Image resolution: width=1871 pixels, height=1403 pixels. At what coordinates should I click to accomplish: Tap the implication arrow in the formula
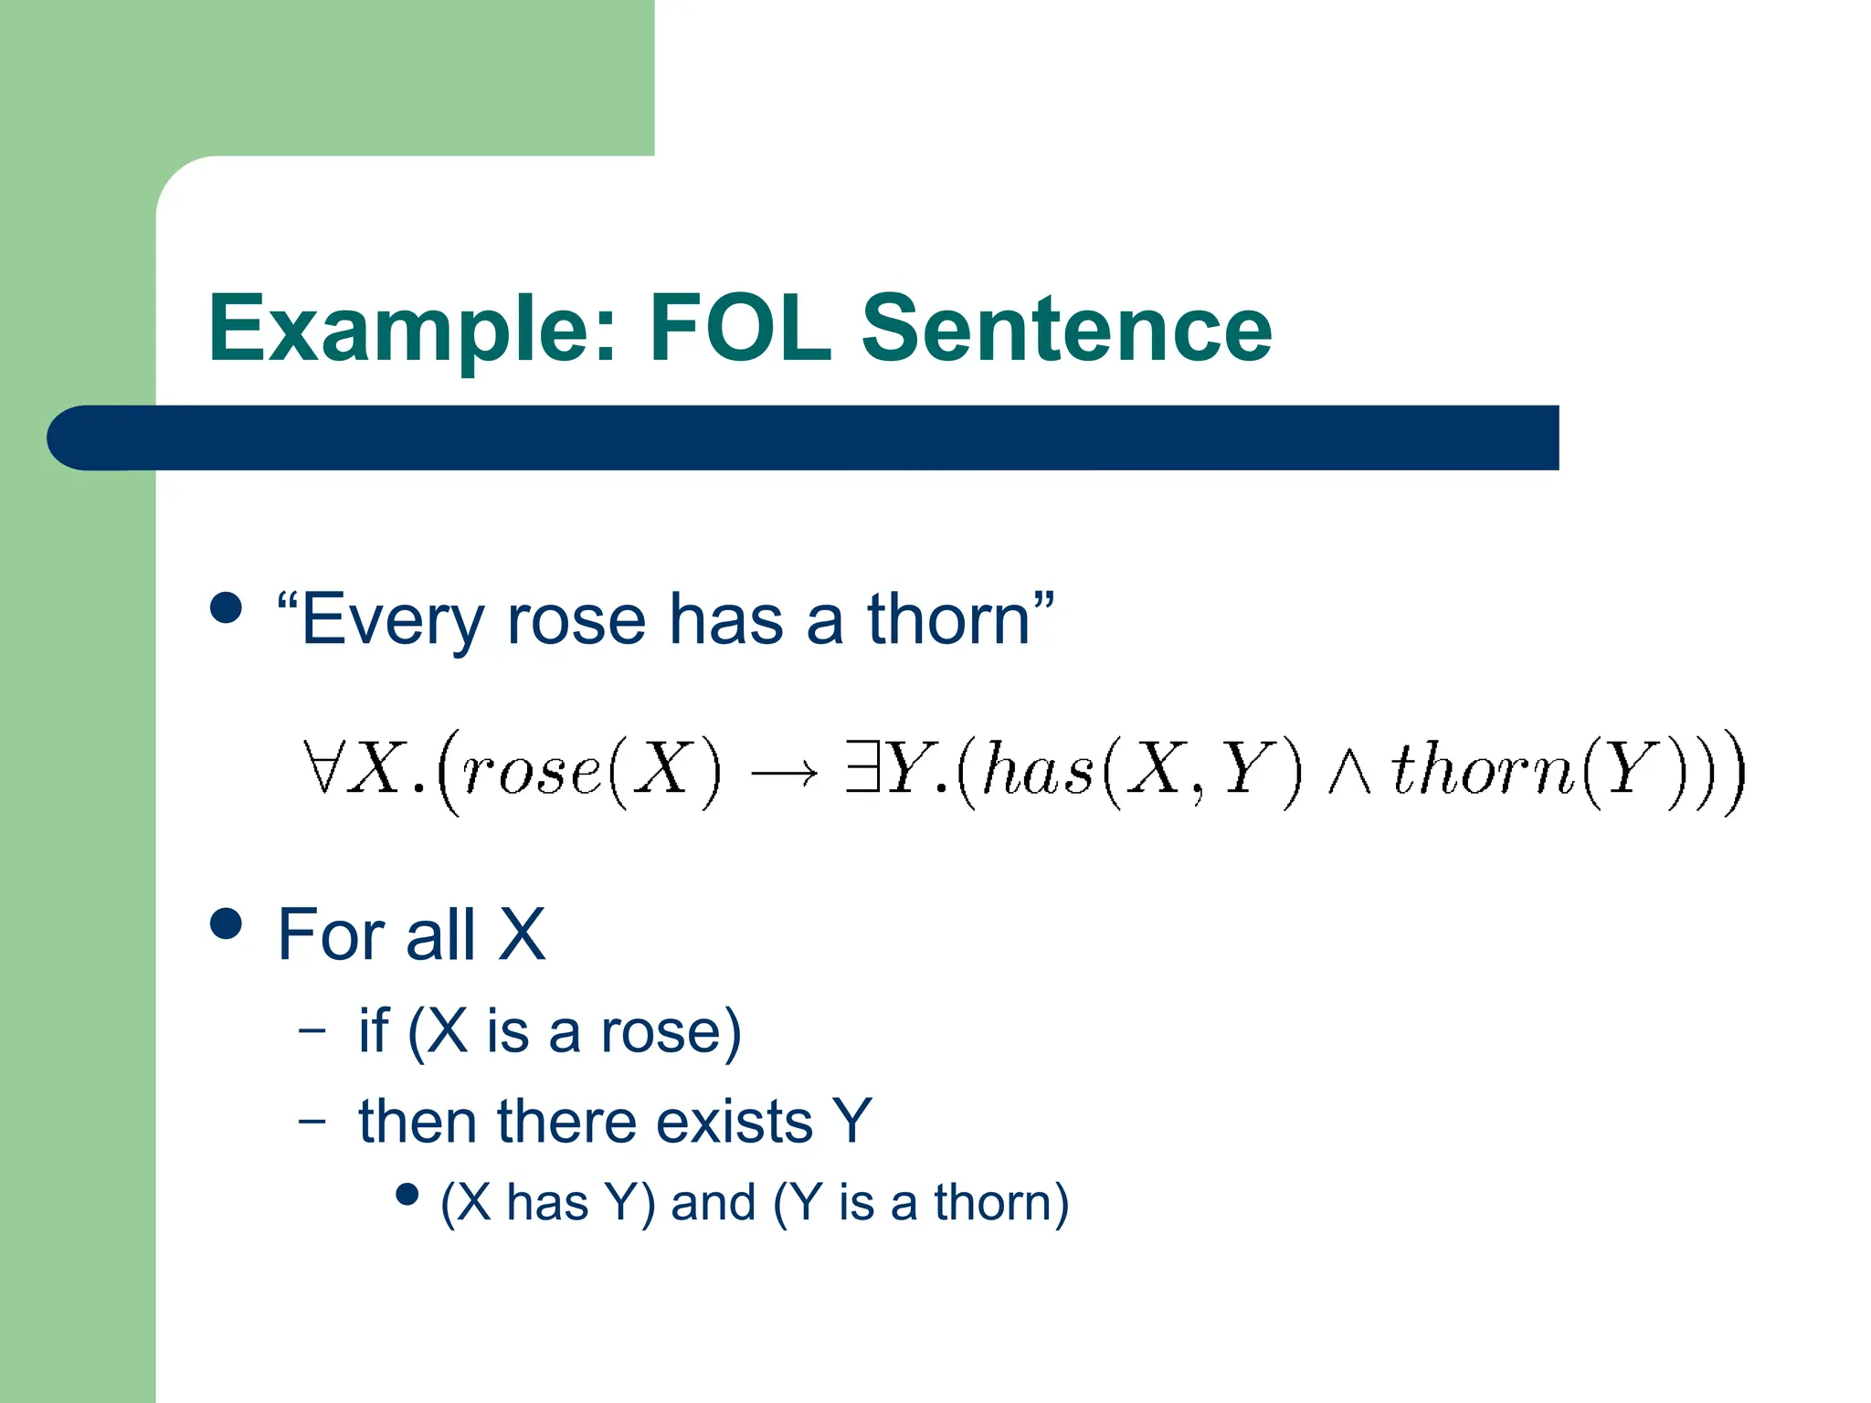click(x=784, y=775)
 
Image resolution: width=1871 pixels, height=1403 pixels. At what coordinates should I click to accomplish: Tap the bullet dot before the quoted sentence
click(x=226, y=607)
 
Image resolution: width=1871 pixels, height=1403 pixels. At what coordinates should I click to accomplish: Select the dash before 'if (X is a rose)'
click(x=312, y=1029)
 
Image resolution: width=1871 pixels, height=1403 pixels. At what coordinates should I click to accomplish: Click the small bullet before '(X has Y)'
click(x=407, y=1194)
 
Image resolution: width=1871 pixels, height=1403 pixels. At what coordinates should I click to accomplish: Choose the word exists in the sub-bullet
click(x=734, y=1122)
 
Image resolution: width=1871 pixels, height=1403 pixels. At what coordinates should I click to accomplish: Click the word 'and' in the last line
click(x=714, y=1202)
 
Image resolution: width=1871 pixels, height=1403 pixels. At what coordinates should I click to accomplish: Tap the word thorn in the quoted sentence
click(x=948, y=619)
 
